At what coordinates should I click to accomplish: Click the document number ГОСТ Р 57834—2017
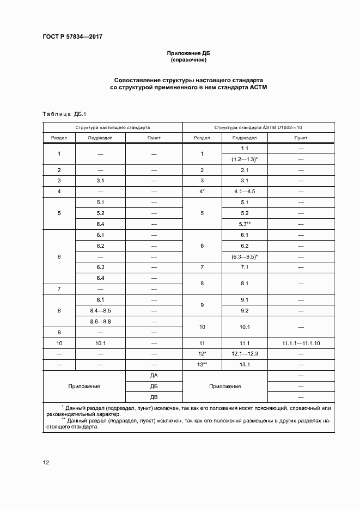[x=72, y=36]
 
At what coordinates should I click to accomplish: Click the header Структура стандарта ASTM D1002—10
[x=258, y=127]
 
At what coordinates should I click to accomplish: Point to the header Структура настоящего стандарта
[x=113, y=127]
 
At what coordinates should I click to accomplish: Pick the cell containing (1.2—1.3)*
[x=244, y=158]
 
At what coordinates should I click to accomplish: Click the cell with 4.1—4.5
[x=244, y=191]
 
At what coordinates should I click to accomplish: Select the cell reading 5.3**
[x=244, y=224]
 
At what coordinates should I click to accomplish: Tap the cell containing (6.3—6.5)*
[x=244, y=256]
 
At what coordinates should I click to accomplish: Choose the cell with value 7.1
[x=244, y=267]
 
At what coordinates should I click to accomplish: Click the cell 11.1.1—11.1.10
[x=301, y=344]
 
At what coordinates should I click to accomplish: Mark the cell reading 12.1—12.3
[x=244, y=354]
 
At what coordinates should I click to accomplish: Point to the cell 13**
[x=202, y=365]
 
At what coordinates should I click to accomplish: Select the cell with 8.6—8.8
[x=100, y=322]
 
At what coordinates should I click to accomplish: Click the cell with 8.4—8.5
[x=100, y=310]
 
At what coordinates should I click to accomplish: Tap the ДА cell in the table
[x=154, y=376]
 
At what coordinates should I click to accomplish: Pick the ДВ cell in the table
[x=154, y=397]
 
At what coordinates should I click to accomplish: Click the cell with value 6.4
[x=100, y=278]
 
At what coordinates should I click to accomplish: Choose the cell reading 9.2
[x=244, y=310]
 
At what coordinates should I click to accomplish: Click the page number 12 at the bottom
[x=46, y=463]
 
